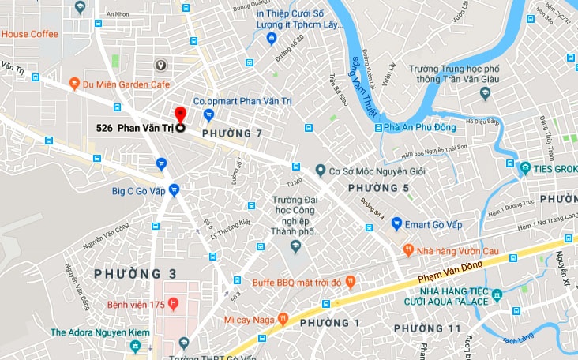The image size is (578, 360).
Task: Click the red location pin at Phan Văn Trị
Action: [x=180, y=116]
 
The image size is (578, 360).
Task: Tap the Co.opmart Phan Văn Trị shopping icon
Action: [x=208, y=115]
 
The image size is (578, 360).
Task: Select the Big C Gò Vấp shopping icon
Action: [x=174, y=189]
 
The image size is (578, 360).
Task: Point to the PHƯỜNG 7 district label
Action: [x=232, y=135]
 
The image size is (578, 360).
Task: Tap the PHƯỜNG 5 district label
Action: [x=379, y=188]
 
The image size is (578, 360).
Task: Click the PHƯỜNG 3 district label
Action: [x=135, y=274]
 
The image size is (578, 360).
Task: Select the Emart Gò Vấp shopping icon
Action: [x=396, y=223]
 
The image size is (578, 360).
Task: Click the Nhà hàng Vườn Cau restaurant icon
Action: [x=408, y=250]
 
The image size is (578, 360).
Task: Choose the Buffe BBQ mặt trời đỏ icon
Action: [x=351, y=282]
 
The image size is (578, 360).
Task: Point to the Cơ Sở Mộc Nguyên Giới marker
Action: [x=321, y=170]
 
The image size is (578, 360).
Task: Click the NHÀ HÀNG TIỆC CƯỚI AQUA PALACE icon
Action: [x=497, y=296]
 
